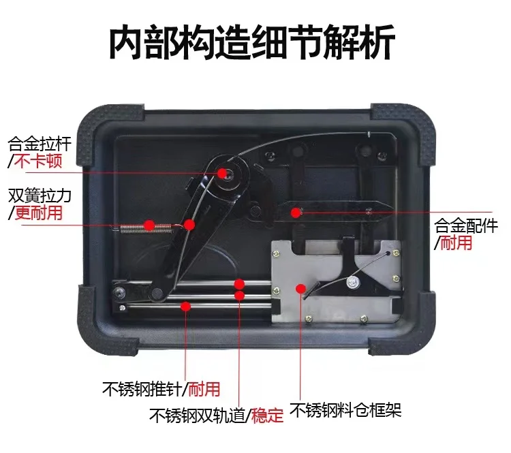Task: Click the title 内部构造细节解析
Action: point(252,42)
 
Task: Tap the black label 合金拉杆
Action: point(40,144)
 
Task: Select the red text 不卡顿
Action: point(38,161)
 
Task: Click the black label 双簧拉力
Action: point(40,196)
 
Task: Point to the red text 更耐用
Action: point(38,213)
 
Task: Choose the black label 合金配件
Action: point(466,225)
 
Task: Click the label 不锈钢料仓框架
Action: point(345,410)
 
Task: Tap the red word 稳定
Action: point(267,416)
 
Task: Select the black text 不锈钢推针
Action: point(142,388)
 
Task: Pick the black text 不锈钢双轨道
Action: point(197,416)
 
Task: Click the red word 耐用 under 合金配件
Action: point(456,243)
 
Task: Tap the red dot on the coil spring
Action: point(150,225)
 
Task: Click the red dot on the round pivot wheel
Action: point(222,173)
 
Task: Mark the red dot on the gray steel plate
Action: point(300,289)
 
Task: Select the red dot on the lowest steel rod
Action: point(186,307)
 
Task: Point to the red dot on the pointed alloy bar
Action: point(296,213)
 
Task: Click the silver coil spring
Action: point(146,228)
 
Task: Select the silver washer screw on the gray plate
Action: point(353,282)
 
